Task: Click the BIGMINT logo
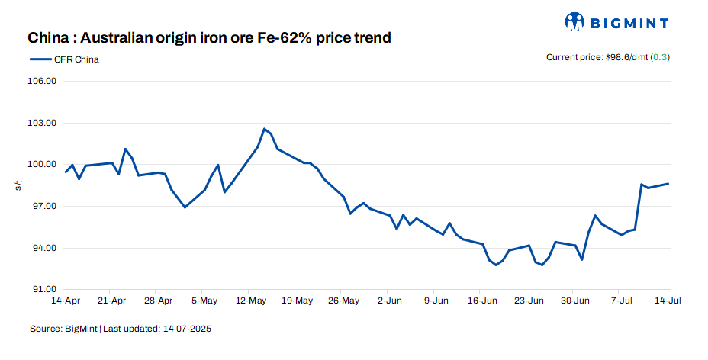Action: (x=616, y=21)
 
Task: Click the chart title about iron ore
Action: (x=210, y=37)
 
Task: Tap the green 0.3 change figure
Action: (x=661, y=57)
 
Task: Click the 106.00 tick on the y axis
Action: (x=42, y=81)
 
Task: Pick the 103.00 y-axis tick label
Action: (x=42, y=123)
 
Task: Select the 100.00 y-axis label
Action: (x=42, y=165)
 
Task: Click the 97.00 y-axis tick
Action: (x=43, y=207)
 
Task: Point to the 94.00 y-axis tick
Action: (x=43, y=249)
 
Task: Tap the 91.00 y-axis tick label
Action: (x=43, y=290)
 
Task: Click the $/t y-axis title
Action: (x=18, y=185)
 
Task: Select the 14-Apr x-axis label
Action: (x=65, y=301)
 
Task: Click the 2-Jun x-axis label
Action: (x=389, y=301)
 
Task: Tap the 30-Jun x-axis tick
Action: (x=575, y=301)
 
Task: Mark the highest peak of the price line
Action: (x=264, y=129)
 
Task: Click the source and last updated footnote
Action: (x=120, y=329)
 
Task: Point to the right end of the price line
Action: (x=668, y=183)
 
